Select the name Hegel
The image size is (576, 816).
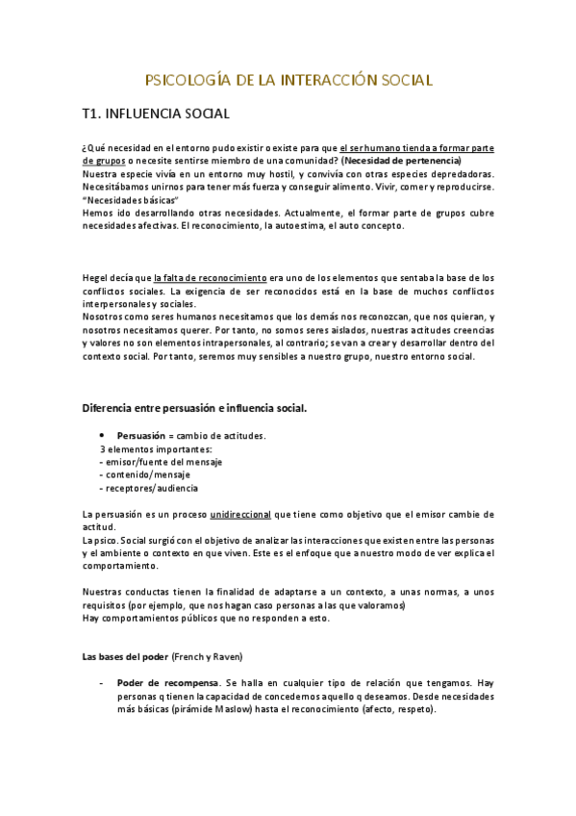pos(96,278)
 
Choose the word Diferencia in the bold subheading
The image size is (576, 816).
pos(113,408)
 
